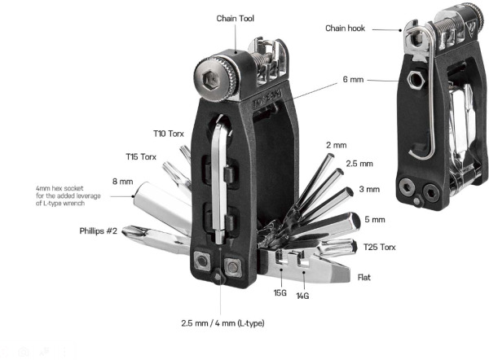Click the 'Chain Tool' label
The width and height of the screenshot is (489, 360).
click(236, 19)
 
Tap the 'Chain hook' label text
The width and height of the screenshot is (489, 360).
click(345, 29)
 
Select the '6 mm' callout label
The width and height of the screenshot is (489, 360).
click(353, 80)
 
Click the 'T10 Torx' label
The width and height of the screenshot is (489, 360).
click(169, 134)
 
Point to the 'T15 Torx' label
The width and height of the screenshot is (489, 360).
click(141, 156)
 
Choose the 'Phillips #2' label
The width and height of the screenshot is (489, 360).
click(99, 231)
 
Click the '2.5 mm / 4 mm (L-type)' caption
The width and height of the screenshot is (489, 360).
click(222, 323)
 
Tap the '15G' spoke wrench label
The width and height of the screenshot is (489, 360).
click(280, 293)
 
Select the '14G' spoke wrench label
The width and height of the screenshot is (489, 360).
click(302, 296)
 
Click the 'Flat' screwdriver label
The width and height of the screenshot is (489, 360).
click(364, 278)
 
